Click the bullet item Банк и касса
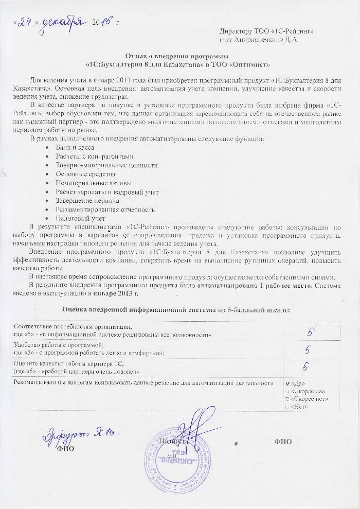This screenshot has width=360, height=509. pyautogui.click(x=75, y=147)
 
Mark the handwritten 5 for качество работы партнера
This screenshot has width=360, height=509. pyautogui.click(x=305, y=366)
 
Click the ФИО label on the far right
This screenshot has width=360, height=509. pyautogui.click(x=283, y=441)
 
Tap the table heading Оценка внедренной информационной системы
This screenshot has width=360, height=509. pyautogui.click(x=176, y=310)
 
